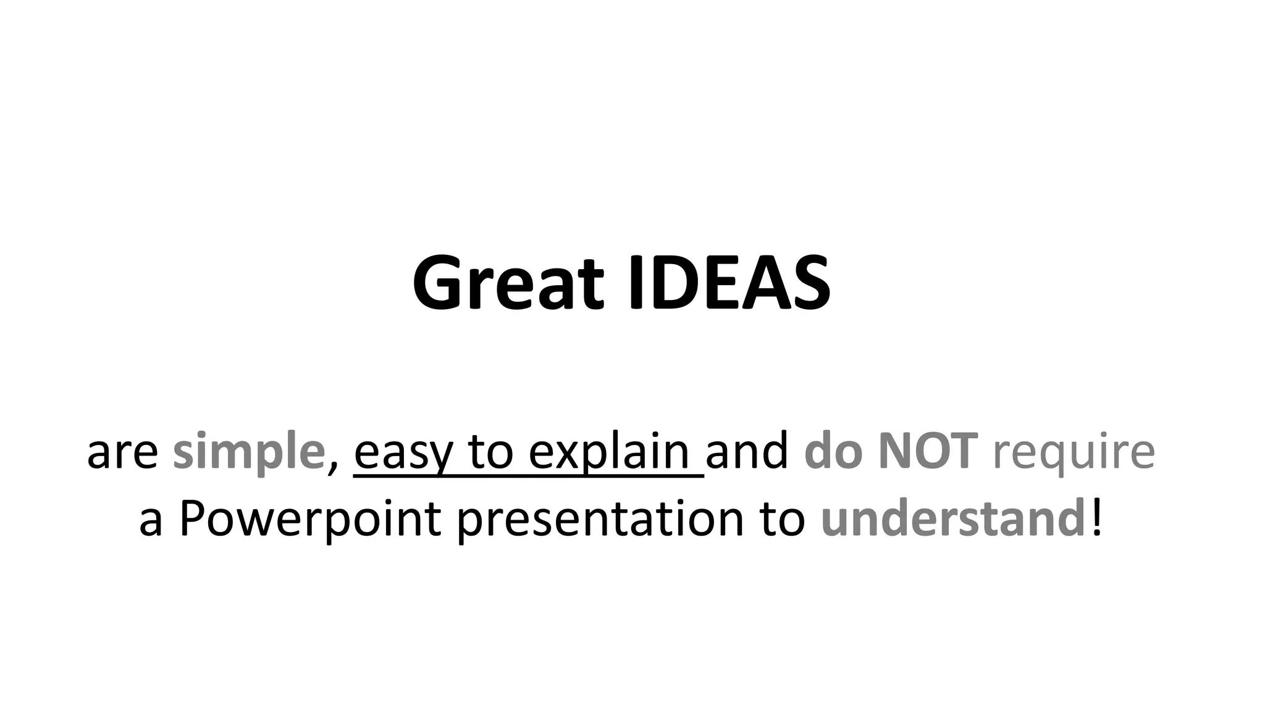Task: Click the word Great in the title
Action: (508, 283)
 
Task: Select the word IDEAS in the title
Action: (729, 283)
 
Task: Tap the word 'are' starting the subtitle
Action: (122, 453)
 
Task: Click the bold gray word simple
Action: (248, 453)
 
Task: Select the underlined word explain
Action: (608, 453)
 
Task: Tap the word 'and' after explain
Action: (747, 452)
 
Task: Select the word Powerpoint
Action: (309, 520)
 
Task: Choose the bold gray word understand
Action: (952, 520)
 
